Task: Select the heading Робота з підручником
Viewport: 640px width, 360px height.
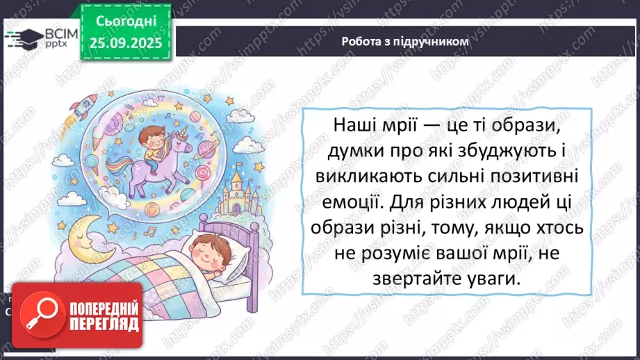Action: tap(405, 41)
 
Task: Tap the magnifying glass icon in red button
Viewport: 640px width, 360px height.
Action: tap(40, 315)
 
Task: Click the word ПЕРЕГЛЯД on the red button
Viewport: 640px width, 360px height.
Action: tap(102, 325)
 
